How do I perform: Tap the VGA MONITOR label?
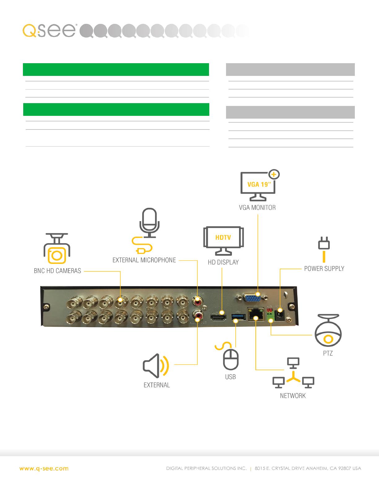coord(257,208)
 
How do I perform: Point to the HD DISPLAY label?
coord(223,262)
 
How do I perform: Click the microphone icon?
coord(149,223)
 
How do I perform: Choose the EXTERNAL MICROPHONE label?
coord(144,260)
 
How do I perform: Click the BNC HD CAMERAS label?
coord(57,271)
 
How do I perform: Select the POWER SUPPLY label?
coord(324,269)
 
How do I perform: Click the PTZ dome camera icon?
coord(328,331)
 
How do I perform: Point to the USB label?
coord(230,377)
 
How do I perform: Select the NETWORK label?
coord(293,396)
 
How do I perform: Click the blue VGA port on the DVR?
coord(252,298)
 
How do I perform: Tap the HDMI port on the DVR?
coord(218,317)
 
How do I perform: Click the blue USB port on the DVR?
coord(238,317)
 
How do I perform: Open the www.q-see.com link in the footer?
coord(44,469)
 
